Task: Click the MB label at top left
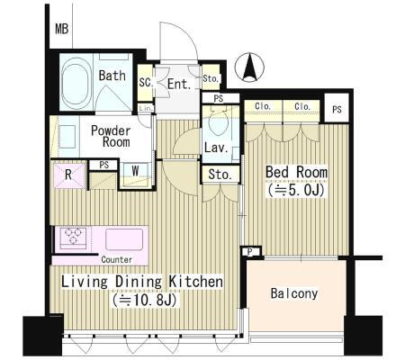pos(62,29)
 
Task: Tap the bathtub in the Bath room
pos(76,82)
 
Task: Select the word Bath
pos(112,76)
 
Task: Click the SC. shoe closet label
pos(146,83)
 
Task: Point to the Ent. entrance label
pos(179,85)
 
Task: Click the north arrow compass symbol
pos(249,67)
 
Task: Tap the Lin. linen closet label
pos(147,108)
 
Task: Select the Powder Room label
pos(111,136)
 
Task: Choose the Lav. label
pos(216,148)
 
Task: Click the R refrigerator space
pos(68,175)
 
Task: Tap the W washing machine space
pos(136,171)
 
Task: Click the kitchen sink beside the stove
pos(124,239)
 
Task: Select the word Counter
pos(116,259)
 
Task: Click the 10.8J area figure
pos(145,300)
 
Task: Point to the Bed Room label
pos(296,172)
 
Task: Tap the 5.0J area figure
pos(296,190)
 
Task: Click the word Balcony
pos(294,293)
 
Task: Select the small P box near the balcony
pos(250,252)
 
